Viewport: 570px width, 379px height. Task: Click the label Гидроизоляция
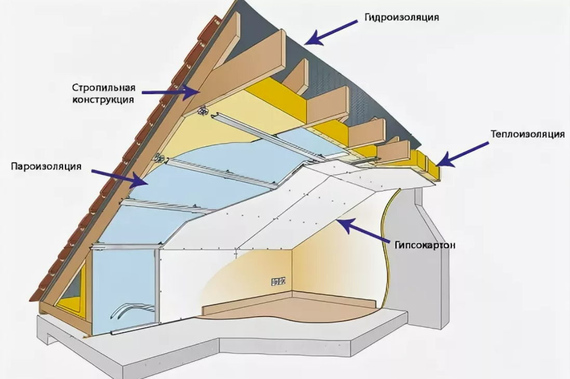coord(402,18)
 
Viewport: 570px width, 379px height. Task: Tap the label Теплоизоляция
coord(528,134)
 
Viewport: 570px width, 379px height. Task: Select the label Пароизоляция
coord(46,166)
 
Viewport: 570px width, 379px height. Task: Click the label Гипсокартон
coord(425,245)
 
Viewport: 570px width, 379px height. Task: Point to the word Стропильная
coord(103,88)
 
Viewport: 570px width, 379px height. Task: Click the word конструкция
coord(103,99)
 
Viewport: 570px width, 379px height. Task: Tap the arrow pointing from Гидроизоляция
coord(331,33)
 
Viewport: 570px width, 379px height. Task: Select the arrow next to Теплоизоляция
coord(462,154)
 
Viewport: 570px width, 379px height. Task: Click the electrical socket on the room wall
coord(279,282)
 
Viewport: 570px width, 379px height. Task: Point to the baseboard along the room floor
coord(289,303)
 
